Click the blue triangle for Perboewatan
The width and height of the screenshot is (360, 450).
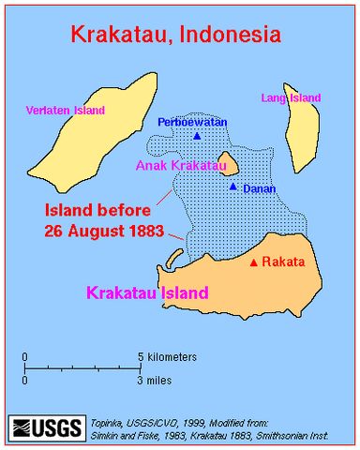(196, 136)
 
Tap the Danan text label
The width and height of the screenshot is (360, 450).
(258, 188)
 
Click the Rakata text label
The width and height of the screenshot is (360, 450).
(284, 263)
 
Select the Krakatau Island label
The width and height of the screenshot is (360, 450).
(148, 293)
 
